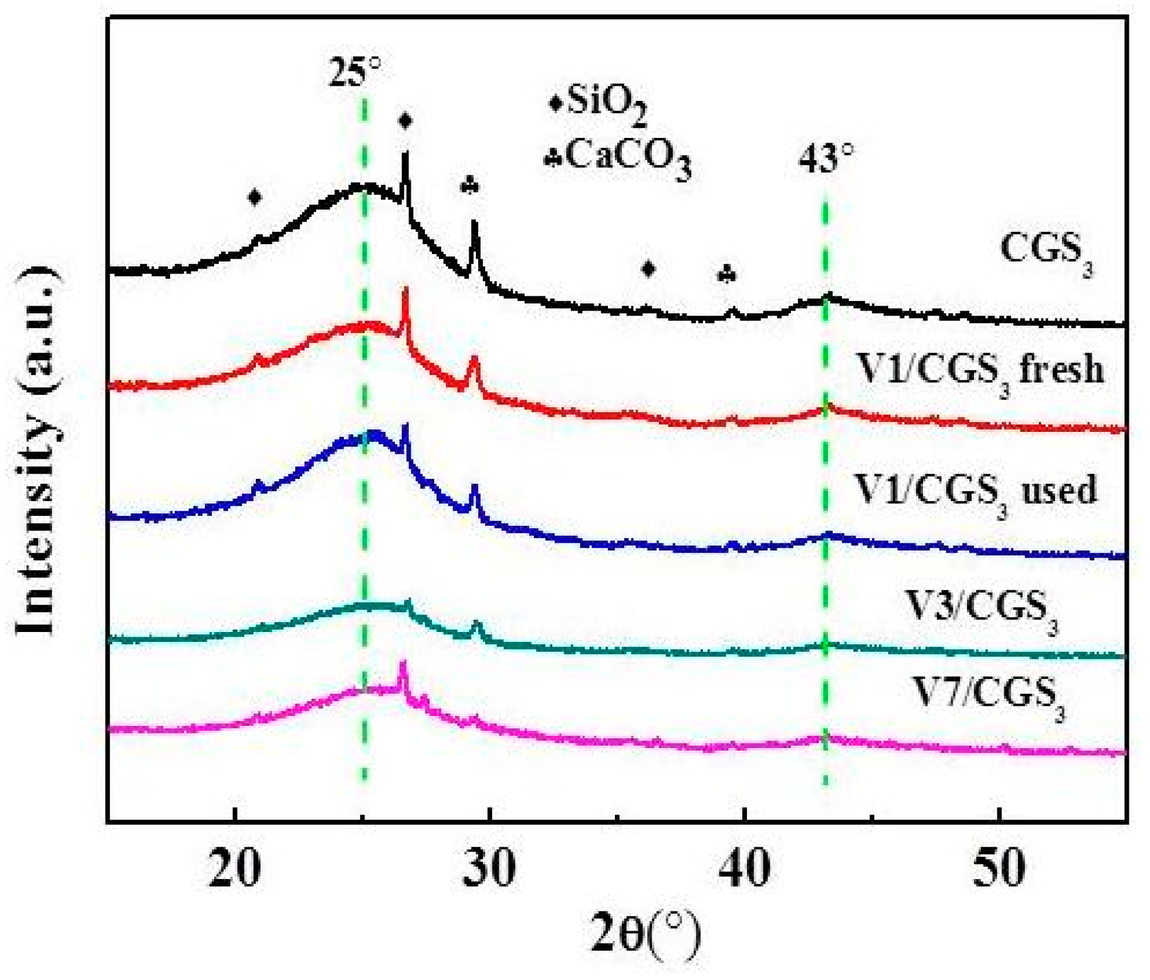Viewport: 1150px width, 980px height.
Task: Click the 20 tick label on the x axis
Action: [234, 868]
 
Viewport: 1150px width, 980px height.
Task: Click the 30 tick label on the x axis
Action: [489, 868]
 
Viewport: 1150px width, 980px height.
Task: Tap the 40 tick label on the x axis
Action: [743, 868]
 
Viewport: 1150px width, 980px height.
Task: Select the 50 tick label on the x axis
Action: [999, 868]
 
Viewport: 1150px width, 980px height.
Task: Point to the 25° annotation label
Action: [354, 72]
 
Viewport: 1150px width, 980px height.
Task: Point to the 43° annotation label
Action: [826, 157]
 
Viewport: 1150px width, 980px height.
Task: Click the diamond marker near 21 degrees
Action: [254, 197]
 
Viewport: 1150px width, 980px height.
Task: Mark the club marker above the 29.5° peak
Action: [471, 186]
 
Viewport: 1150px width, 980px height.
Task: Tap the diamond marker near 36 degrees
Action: [648, 269]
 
